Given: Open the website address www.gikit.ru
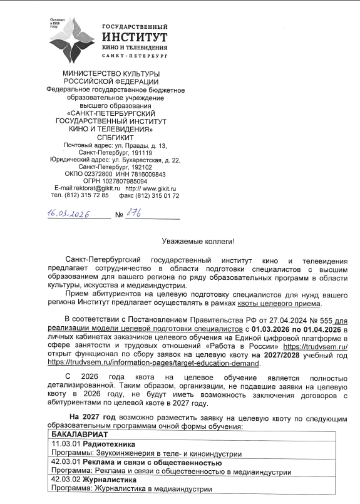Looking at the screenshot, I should (157, 188).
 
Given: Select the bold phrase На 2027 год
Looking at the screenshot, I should (93, 416).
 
